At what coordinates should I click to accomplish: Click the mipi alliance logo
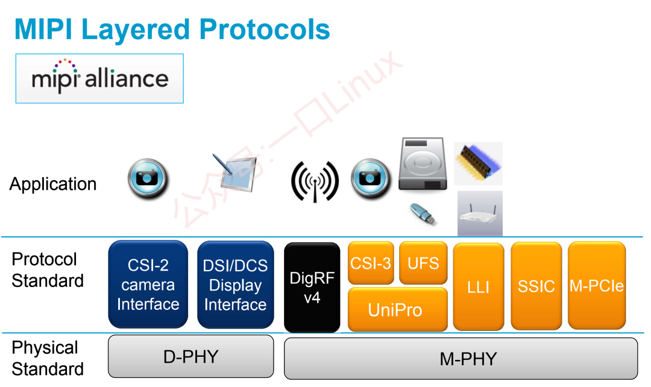[x=99, y=78]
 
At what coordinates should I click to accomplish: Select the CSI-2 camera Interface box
[x=148, y=285]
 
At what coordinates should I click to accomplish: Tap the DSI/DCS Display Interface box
[x=236, y=285]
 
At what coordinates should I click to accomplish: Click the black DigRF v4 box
[x=312, y=288]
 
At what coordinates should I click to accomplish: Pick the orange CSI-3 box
[x=371, y=263]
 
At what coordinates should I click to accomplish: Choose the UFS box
[x=424, y=263]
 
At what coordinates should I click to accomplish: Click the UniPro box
[x=398, y=309]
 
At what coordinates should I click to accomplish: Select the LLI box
[x=479, y=286]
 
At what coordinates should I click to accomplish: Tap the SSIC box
[x=536, y=286]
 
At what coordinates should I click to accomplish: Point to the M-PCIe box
[x=597, y=286]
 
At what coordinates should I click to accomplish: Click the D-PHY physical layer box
[x=191, y=357]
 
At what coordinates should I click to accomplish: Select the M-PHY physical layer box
[x=461, y=358]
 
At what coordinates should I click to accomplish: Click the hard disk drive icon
[x=423, y=164]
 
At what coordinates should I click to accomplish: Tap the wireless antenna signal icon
[x=315, y=181]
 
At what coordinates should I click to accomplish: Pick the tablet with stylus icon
[x=236, y=173]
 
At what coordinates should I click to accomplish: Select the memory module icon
[x=478, y=163]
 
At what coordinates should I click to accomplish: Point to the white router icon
[x=480, y=213]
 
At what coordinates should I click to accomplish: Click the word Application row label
[x=53, y=184]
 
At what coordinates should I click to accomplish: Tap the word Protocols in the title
[x=265, y=30]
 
